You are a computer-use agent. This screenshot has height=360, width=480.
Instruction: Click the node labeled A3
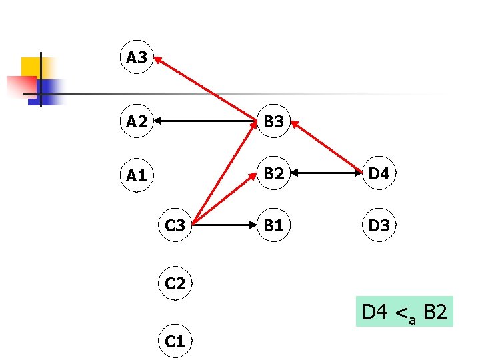tap(137, 57)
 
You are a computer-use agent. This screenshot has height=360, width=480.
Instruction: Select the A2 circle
tap(137, 121)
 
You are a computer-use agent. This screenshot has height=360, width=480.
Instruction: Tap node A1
tap(137, 175)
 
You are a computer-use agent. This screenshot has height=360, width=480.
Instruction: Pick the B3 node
tap(273, 121)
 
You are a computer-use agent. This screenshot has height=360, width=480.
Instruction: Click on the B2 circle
tap(273, 173)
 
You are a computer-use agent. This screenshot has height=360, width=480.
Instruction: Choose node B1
tap(273, 225)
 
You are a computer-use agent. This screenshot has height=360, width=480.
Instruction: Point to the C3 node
tap(175, 225)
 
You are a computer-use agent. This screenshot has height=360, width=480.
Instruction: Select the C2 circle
tap(175, 284)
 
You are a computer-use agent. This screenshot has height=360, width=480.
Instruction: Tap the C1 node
tap(175, 341)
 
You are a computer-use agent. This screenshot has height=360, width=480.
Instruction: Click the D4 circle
tap(379, 173)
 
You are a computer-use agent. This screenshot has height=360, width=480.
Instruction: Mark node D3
tap(379, 225)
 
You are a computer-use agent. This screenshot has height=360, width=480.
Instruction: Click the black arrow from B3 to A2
tap(207, 121)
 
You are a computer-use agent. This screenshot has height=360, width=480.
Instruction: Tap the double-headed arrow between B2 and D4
tap(326, 173)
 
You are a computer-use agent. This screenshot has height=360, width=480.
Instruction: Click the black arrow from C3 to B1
tap(224, 225)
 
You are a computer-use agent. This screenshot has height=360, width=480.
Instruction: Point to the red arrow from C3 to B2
tap(223, 199)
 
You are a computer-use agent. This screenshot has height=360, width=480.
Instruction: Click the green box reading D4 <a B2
tap(405, 311)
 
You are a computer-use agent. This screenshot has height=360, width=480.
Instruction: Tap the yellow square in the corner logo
tap(31, 67)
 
